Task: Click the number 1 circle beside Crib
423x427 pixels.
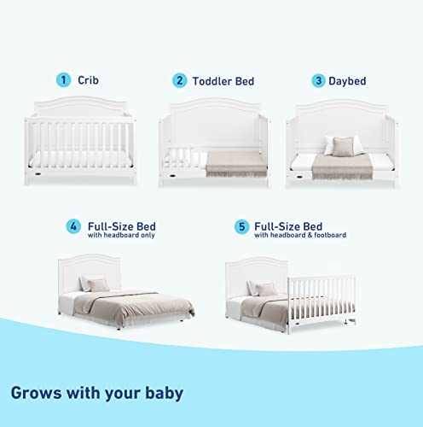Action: click(63, 80)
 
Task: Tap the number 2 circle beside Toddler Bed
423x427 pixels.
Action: click(179, 80)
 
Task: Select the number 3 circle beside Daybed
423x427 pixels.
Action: click(318, 80)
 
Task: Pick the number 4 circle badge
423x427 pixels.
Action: click(73, 226)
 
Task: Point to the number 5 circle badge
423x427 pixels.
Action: click(241, 227)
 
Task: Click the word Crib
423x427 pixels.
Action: click(88, 80)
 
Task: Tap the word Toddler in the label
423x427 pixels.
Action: click(212, 81)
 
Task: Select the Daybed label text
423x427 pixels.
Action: click(347, 81)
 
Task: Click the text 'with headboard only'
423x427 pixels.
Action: click(121, 235)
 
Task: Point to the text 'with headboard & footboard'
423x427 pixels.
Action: click(300, 235)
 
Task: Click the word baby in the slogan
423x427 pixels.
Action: click(164, 394)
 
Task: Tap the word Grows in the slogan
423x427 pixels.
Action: click(36, 393)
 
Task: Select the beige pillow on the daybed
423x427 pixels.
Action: click(343, 146)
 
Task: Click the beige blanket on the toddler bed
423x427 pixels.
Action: click(236, 163)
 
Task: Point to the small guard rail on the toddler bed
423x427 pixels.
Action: click(185, 160)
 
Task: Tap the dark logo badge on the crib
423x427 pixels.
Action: click(38, 173)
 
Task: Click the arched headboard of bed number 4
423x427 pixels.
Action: click(90, 271)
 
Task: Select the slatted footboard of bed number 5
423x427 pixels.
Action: click(322, 302)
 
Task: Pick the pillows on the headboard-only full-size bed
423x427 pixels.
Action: click(94, 284)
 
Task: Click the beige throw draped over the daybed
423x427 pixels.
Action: click(342, 167)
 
